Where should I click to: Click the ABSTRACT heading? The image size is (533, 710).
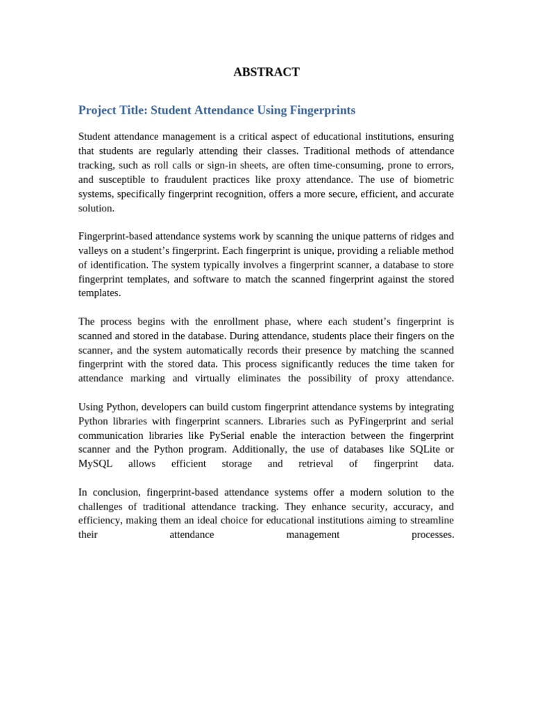pyautogui.click(x=266, y=72)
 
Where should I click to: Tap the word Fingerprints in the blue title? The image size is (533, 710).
pyautogui.click(x=322, y=110)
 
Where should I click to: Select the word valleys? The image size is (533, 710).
pyautogui.click(x=93, y=250)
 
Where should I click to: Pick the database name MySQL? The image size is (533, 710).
pyautogui.click(x=95, y=464)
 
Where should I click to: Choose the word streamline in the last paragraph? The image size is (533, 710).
pyautogui.click(x=431, y=520)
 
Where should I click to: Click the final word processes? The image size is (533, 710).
pyautogui.click(x=432, y=535)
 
